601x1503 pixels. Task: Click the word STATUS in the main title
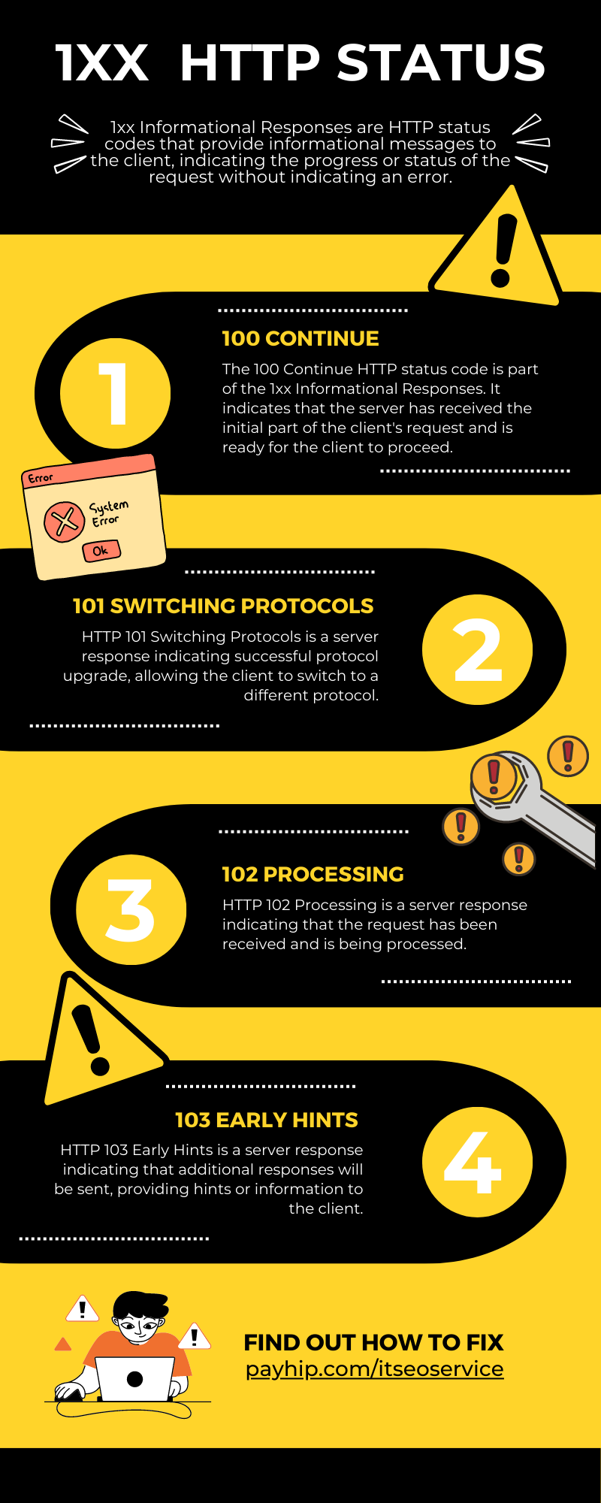441,62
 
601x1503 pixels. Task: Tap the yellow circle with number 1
115,393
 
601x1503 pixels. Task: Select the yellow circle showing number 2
477,649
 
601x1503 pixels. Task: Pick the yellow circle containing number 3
131,909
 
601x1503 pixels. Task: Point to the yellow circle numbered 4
477,1162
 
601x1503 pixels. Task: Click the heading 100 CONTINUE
300,338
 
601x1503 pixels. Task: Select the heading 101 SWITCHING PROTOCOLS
223,606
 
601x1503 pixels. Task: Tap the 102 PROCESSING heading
313,874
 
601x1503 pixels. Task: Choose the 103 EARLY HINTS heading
267,1120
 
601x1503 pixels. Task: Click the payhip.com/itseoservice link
374,1368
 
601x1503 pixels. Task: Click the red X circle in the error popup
64,522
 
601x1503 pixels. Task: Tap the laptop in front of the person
135,1378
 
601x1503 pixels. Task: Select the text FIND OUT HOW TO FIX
373,1342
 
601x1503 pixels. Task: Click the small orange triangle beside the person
63,1344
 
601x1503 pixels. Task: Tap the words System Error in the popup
108,513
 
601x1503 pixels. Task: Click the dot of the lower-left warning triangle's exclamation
100,1066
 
